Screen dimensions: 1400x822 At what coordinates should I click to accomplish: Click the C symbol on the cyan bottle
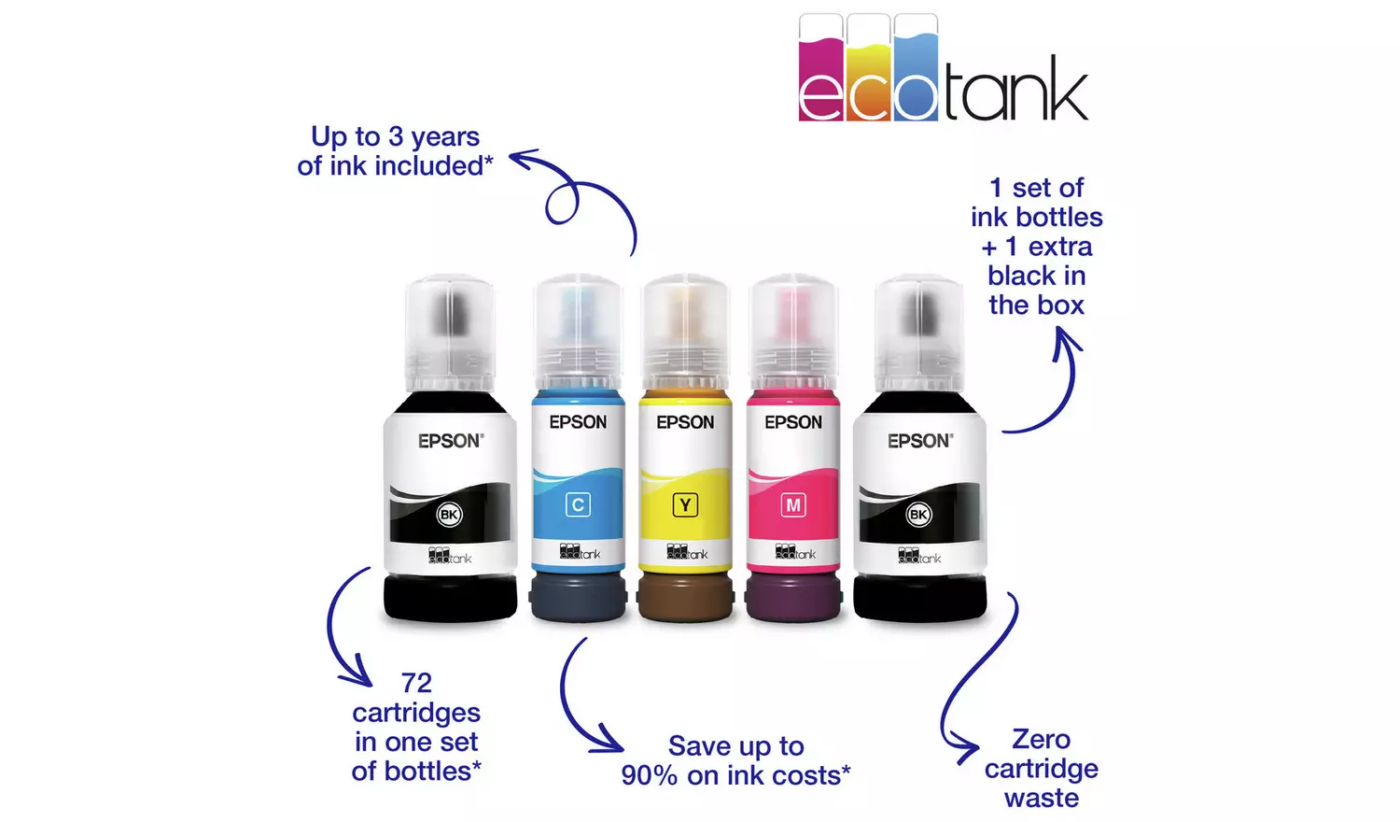click(578, 504)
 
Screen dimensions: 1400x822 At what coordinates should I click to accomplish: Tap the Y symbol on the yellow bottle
click(685, 504)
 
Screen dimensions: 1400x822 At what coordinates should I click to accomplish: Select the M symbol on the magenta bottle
click(793, 504)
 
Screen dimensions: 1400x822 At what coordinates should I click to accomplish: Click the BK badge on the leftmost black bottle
click(449, 515)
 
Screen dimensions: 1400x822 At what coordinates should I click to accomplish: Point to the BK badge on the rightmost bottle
click(918, 515)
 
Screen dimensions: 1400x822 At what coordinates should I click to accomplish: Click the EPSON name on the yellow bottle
click(685, 422)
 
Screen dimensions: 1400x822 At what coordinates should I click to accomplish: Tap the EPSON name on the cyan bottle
click(578, 422)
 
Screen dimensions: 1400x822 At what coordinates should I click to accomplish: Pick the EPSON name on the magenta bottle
click(793, 422)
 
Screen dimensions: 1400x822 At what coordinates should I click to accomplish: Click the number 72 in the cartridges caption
click(417, 683)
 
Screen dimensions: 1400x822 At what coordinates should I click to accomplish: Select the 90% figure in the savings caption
click(650, 775)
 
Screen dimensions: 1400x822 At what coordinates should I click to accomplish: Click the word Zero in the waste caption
click(1041, 740)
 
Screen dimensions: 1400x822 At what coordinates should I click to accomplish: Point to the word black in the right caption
click(1036, 276)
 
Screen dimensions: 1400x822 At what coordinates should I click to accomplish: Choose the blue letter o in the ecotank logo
click(916, 97)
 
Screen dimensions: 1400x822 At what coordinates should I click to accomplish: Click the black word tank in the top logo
click(1016, 88)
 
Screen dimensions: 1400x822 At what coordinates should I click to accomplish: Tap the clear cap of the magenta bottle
click(793, 332)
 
